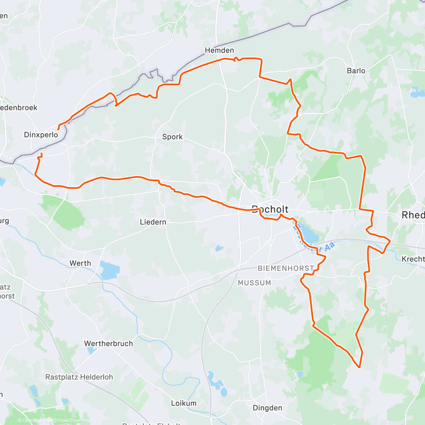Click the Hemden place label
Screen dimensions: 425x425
219,50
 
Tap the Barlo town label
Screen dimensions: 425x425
356,70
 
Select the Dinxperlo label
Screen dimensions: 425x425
41,135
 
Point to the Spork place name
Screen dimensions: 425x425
172,137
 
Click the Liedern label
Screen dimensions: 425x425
153,222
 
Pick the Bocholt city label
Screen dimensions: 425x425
270,209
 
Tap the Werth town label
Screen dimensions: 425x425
80,263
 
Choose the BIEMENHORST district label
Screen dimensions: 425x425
286,268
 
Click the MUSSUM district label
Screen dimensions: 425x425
254,283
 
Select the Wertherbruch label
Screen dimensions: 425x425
108,344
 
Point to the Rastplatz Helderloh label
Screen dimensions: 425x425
79,377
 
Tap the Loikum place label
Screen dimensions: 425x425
183,403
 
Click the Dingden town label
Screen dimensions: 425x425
267,408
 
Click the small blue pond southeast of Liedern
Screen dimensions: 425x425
219,248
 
